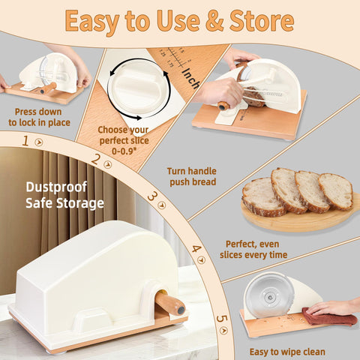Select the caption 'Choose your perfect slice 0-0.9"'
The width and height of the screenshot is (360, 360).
coord(122,139)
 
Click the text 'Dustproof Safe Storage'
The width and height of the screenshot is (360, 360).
coord(64,195)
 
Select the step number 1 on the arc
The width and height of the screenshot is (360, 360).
coord(25,140)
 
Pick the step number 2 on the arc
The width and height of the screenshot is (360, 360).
coord(95,159)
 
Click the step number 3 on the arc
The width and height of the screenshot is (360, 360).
coord(152,196)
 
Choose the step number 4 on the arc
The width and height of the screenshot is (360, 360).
coord(196,249)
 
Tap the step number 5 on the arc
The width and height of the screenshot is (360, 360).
coord(220,318)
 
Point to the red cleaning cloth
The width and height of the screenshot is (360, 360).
coord(330,318)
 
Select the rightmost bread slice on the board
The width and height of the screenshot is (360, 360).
coord(336,191)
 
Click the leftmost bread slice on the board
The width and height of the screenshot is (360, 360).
coord(262,196)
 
